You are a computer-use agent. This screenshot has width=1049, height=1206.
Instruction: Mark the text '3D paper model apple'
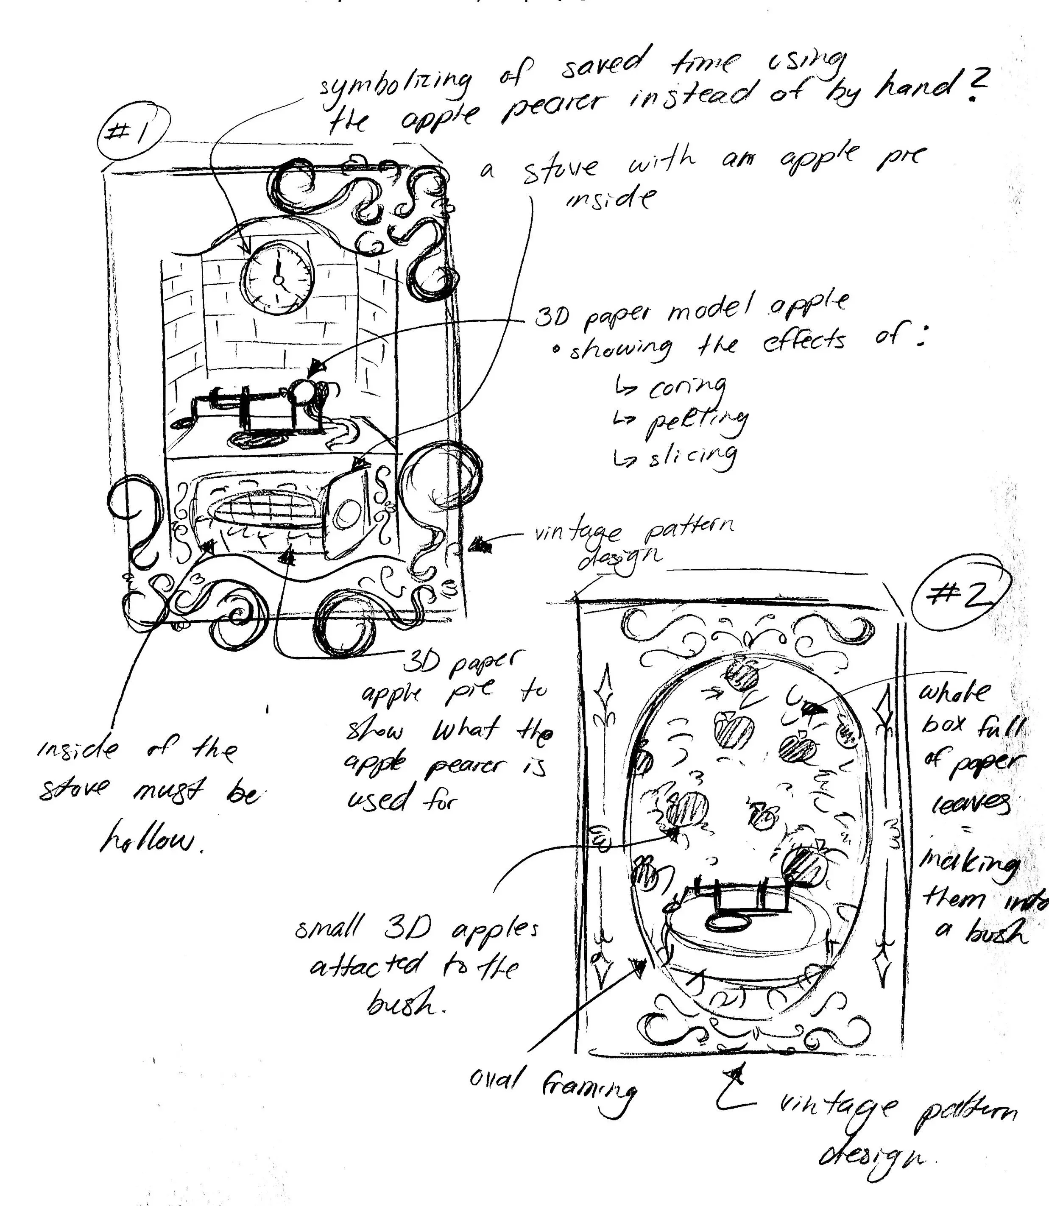[x=691, y=310]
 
